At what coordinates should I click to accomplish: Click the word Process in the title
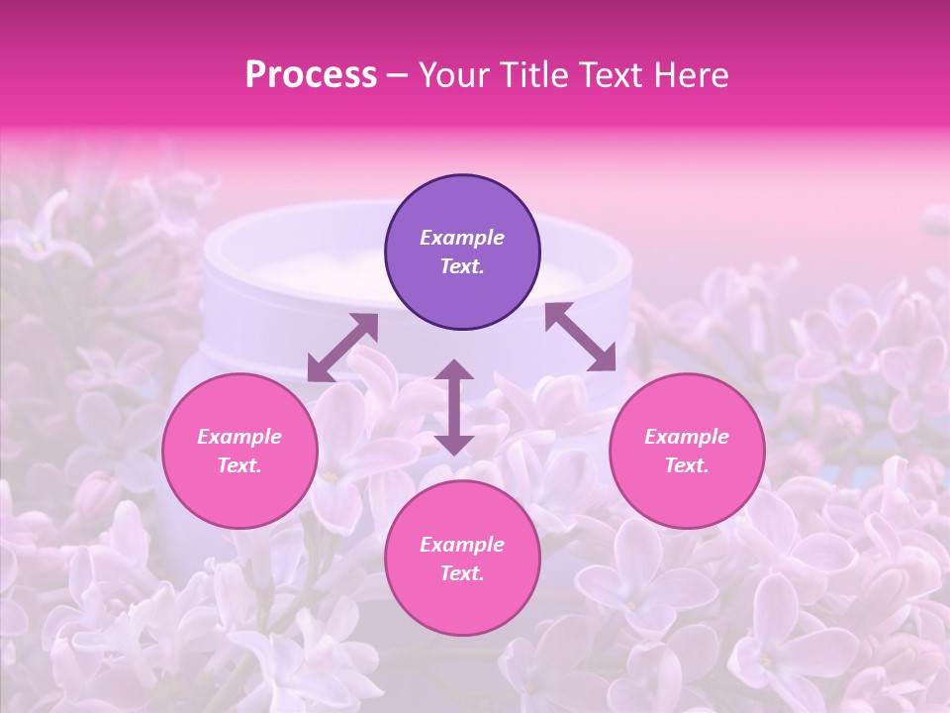(311, 74)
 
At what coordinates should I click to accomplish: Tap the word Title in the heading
(535, 74)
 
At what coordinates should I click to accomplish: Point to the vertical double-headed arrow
(454, 407)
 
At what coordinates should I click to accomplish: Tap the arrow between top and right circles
(580, 337)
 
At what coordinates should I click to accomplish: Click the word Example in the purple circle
(462, 238)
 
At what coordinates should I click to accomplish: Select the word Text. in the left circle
(239, 465)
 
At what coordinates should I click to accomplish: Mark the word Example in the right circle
(687, 437)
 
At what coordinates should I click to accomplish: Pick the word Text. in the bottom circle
(462, 573)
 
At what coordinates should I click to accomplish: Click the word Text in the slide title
(612, 74)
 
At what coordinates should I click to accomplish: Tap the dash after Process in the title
(398, 76)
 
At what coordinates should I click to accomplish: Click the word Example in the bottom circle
(462, 545)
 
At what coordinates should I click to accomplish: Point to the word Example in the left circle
(239, 437)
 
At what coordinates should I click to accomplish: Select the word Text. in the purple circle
(462, 266)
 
